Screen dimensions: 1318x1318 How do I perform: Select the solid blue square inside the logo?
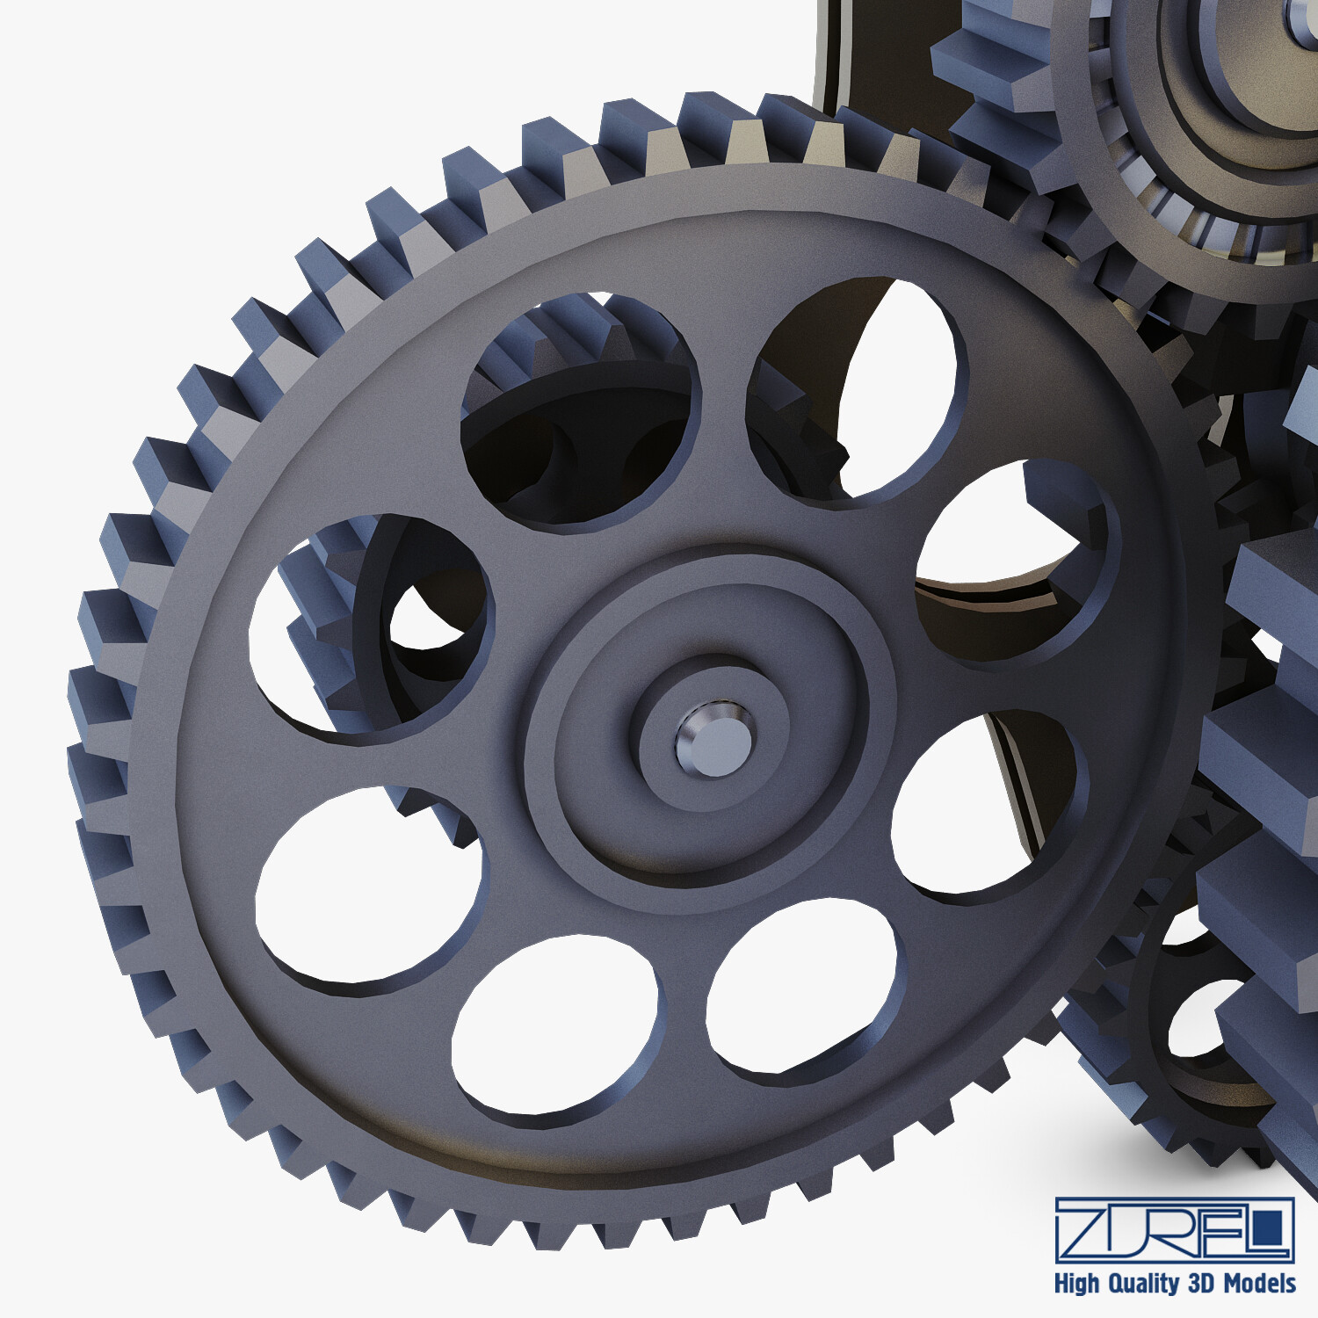[x=1266, y=1228]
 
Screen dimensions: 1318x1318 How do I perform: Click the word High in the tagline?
[x=1075, y=1284]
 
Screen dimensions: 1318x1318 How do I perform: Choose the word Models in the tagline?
[x=1260, y=1284]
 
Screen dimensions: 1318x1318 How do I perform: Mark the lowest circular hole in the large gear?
[x=555, y=1025]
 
